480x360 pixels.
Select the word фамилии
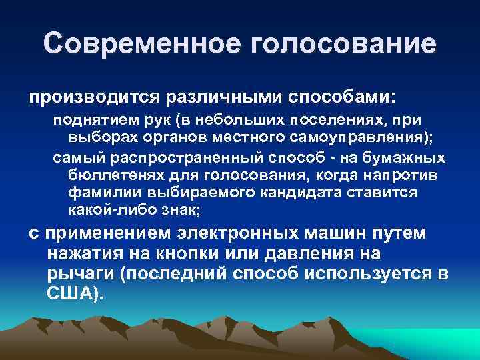(99, 192)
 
